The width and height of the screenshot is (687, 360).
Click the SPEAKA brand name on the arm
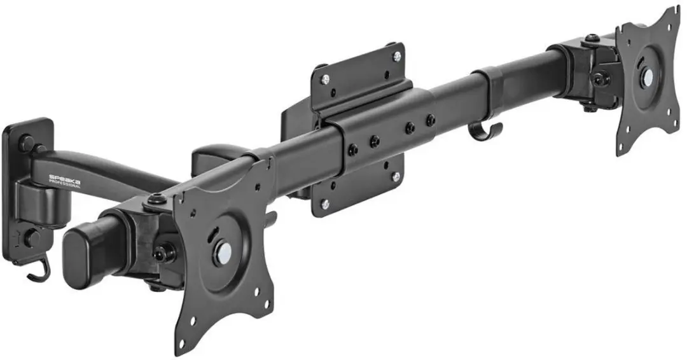pos(64,179)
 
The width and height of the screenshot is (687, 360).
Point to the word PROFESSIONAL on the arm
pos(64,184)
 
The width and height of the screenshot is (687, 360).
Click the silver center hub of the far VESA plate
pos(647,78)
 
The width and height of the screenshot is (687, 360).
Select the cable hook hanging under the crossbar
pos(485,130)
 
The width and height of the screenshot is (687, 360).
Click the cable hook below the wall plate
pos(39,271)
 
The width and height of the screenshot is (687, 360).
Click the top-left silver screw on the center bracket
pos(325,80)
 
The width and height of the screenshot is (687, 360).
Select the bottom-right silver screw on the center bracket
pos(396,176)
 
